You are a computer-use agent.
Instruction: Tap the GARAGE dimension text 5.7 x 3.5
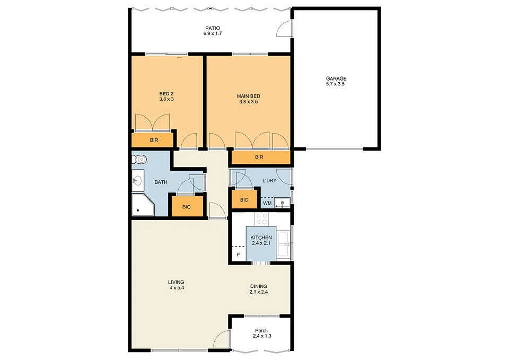(x=336, y=84)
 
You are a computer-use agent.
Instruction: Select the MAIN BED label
(x=248, y=96)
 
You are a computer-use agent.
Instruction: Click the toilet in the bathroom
(x=140, y=159)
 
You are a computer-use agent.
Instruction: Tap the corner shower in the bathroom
(x=142, y=205)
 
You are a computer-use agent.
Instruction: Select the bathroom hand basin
(x=137, y=181)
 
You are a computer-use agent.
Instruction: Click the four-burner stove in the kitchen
(x=262, y=218)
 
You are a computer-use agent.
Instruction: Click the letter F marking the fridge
(x=238, y=255)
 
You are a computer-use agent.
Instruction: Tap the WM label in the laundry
(x=267, y=203)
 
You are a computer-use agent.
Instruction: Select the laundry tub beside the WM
(x=284, y=202)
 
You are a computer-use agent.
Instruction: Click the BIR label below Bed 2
(x=154, y=141)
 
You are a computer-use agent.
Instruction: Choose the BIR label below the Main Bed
(x=259, y=157)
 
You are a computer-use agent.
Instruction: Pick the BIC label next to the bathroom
(x=186, y=206)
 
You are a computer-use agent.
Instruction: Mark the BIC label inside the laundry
(x=244, y=200)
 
